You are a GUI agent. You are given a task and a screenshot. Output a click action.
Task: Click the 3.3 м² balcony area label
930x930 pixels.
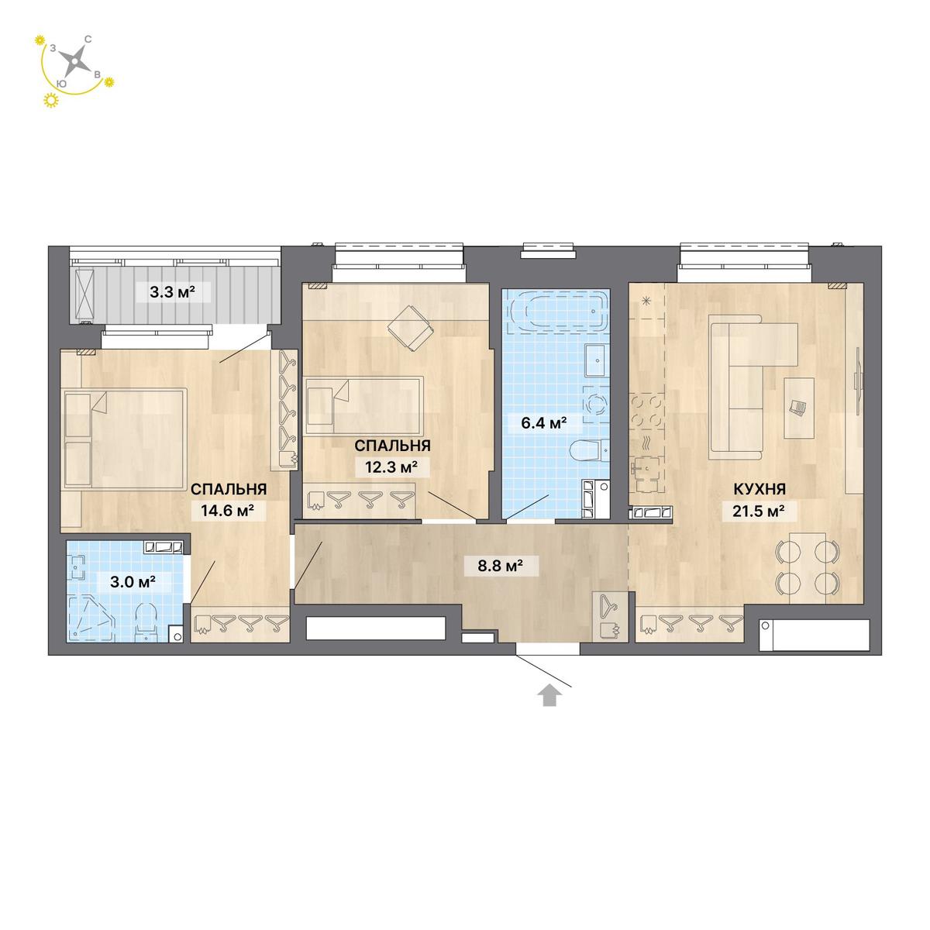(x=172, y=292)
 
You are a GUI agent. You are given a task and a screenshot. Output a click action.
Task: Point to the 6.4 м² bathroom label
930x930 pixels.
(x=543, y=424)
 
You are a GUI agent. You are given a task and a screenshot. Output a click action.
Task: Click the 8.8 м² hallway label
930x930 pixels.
(x=501, y=565)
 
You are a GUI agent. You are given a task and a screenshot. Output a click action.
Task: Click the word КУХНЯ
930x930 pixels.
(x=759, y=489)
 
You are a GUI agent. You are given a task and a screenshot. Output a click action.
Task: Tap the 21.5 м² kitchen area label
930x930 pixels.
(x=758, y=511)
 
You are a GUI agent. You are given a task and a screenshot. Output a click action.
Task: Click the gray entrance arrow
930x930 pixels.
(x=549, y=697)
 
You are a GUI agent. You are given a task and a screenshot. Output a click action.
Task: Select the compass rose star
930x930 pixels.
(x=76, y=62)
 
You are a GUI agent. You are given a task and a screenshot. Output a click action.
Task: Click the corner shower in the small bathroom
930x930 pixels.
(x=91, y=618)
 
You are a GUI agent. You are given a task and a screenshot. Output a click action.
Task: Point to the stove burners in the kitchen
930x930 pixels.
(x=646, y=409)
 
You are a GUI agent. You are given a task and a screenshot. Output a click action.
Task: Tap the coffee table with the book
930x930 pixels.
(x=799, y=408)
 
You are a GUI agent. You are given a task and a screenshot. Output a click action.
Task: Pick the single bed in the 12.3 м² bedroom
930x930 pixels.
(x=364, y=406)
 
